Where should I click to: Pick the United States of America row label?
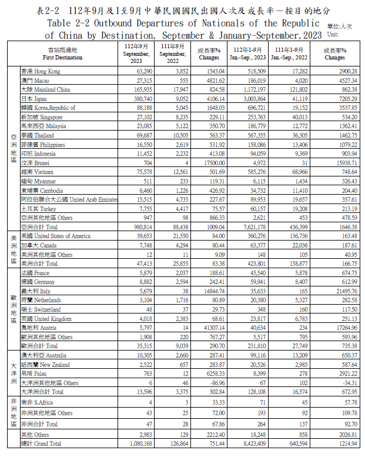pyautogui.click(x=56, y=236)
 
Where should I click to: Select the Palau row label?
pyautogui.click(x=34, y=373)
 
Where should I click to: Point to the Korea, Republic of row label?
pyautogui.click(x=48, y=108)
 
